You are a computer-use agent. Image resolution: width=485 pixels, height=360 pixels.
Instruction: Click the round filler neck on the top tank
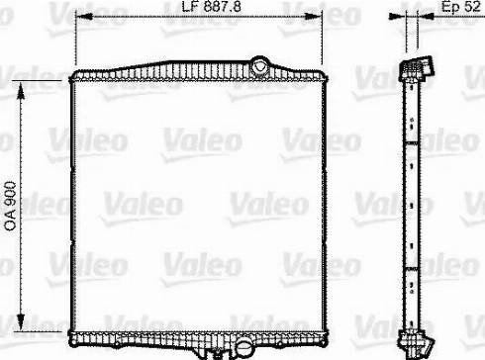260,67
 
